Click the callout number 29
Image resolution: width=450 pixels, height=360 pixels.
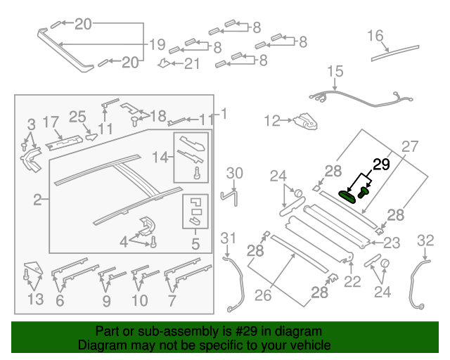click(380, 166)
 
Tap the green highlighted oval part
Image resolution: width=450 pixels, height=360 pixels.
click(348, 196)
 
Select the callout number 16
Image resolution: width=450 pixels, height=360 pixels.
click(375, 36)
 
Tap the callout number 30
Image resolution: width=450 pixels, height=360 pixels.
click(234, 174)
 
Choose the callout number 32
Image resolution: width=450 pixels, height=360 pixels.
click(426, 240)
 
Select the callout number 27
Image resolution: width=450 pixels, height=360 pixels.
click(410, 147)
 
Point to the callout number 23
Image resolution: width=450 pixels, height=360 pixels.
click(391, 243)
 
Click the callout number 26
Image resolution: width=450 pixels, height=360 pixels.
click(263, 296)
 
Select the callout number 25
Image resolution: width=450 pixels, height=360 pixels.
click(77, 116)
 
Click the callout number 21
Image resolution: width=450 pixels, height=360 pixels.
click(192, 64)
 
